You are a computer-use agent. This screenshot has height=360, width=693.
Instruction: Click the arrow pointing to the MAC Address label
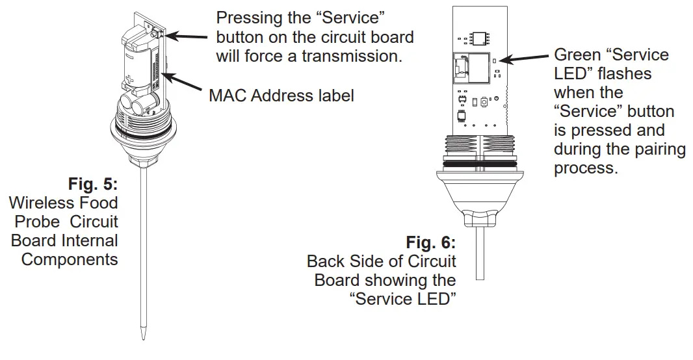point(186,87)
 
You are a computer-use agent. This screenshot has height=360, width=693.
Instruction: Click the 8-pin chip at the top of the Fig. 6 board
point(480,36)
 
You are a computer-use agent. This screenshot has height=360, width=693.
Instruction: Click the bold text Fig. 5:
point(94,185)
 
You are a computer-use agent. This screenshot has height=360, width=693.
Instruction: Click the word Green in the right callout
point(575,55)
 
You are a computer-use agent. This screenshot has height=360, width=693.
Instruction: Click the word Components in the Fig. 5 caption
point(70,260)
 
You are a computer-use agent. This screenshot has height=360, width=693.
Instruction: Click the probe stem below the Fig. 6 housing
point(480,253)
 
